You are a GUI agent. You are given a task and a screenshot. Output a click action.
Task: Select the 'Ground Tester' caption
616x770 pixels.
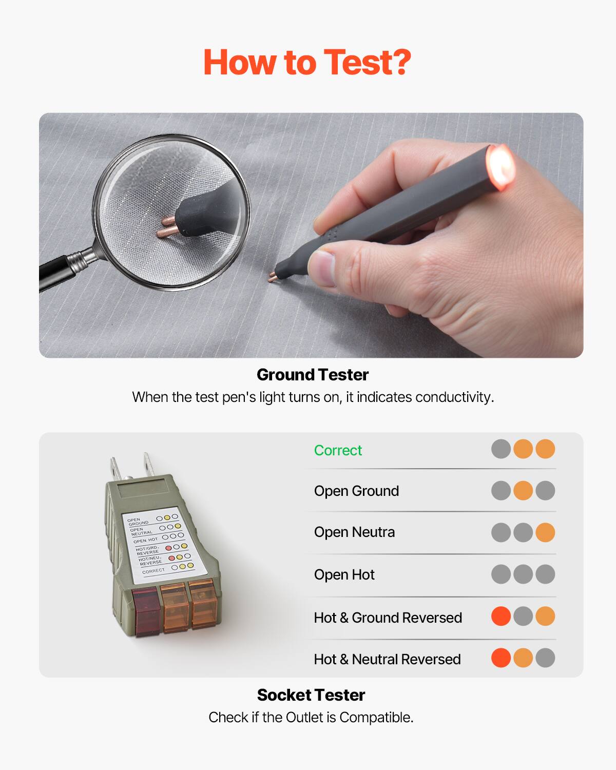pos(312,375)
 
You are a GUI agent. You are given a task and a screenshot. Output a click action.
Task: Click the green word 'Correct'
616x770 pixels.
pos(338,450)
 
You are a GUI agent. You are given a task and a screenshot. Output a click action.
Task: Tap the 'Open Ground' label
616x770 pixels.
pos(356,491)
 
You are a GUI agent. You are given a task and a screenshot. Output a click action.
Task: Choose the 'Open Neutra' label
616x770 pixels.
pos(354,532)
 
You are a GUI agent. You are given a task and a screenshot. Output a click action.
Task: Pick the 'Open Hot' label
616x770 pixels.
pos(344,574)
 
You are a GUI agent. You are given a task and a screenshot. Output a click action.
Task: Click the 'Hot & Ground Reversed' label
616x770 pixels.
pos(388,617)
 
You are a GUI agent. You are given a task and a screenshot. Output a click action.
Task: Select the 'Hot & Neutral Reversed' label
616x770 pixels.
pos(387,659)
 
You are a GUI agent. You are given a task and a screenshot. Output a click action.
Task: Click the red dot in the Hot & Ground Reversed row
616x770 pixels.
pos(501,616)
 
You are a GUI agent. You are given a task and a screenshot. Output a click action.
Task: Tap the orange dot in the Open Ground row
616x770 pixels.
pos(523,490)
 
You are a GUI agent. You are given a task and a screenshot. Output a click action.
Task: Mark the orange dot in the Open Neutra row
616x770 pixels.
pos(545,532)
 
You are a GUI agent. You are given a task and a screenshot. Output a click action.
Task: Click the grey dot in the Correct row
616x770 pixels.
pos(501,449)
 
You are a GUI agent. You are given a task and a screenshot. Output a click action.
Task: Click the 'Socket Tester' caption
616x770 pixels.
pos(311,695)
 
